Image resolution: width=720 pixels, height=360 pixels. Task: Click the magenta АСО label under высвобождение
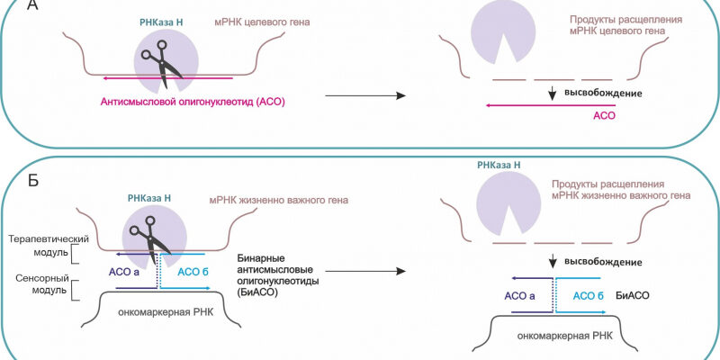[x=604, y=116]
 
